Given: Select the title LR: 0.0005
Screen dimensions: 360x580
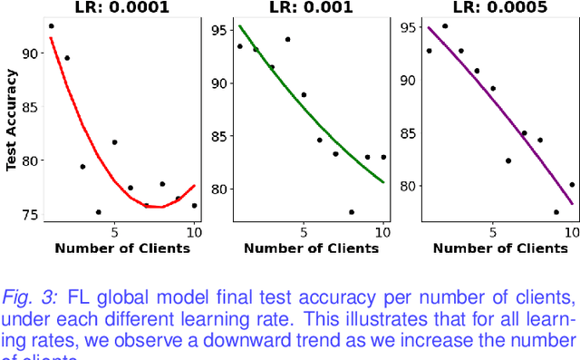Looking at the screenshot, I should [x=498, y=7].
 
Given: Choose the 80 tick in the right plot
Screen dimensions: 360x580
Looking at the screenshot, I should [x=410, y=186].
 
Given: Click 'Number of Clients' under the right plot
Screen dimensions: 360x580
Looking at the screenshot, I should [x=499, y=248].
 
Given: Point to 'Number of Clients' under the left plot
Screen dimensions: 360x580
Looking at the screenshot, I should [x=122, y=248].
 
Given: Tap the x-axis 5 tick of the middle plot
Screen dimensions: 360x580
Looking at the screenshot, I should [x=304, y=232].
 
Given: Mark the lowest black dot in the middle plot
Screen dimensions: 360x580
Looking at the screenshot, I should [x=352, y=212].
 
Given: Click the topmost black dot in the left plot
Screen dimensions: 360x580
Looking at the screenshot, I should [x=51, y=26].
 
